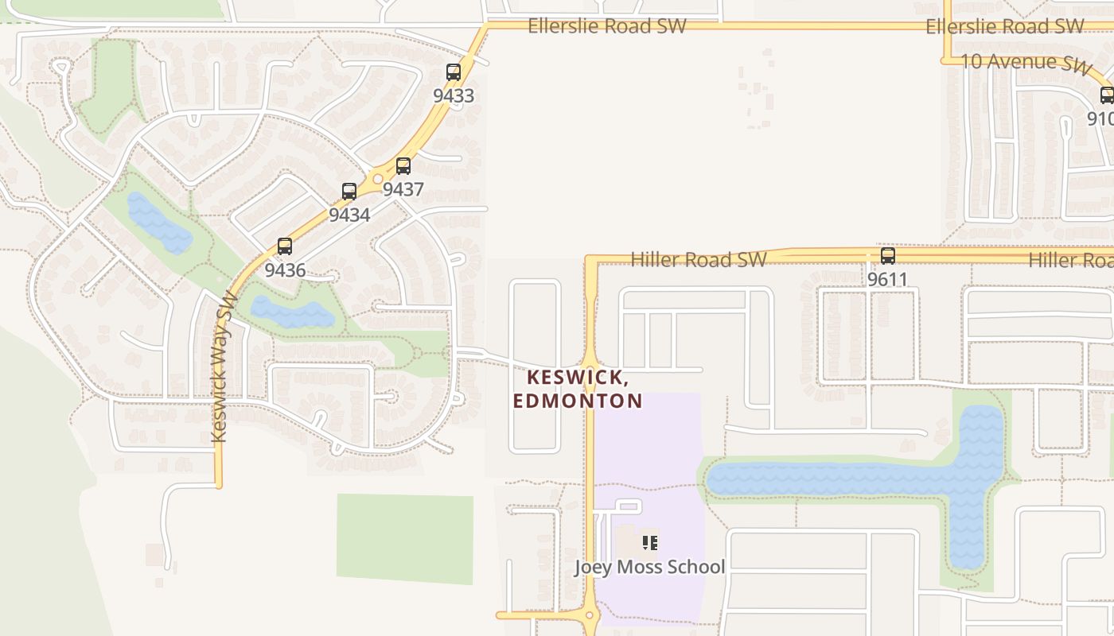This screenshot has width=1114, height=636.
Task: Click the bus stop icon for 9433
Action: click(454, 72)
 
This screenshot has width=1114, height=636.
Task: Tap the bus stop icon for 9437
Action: click(403, 166)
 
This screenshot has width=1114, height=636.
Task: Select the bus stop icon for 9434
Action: click(349, 192)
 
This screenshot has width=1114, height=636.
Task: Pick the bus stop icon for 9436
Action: click(285, 246)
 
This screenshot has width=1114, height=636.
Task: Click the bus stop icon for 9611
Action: click(888, 256)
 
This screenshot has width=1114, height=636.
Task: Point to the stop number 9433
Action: click(454, 96)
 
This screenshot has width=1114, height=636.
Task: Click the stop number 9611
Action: click(888, 280)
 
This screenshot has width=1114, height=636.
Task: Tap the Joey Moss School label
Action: click(650, 567)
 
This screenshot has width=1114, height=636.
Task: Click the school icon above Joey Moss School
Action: click(650, 543)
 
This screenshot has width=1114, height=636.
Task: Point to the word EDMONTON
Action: click(578, 401)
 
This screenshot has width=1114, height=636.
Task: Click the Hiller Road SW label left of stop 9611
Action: click(699, 260)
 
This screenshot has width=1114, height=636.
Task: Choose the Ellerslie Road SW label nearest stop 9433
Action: click(606, 26)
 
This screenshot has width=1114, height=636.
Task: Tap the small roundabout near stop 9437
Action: click(378, 179)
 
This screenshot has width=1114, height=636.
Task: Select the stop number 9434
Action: click(349, 215)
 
